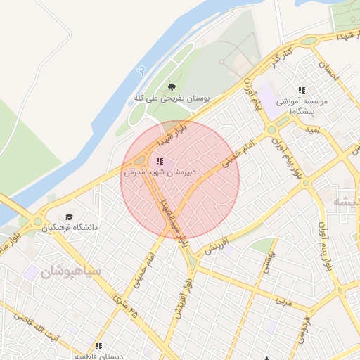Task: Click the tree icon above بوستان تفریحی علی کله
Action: coord(172,87)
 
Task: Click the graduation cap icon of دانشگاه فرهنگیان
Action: coord(69,217)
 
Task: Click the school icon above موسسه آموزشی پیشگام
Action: coord(302,90)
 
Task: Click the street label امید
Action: coord(312,130)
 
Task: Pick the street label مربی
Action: coord(282,300)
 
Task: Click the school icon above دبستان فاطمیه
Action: coord(99,346)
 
